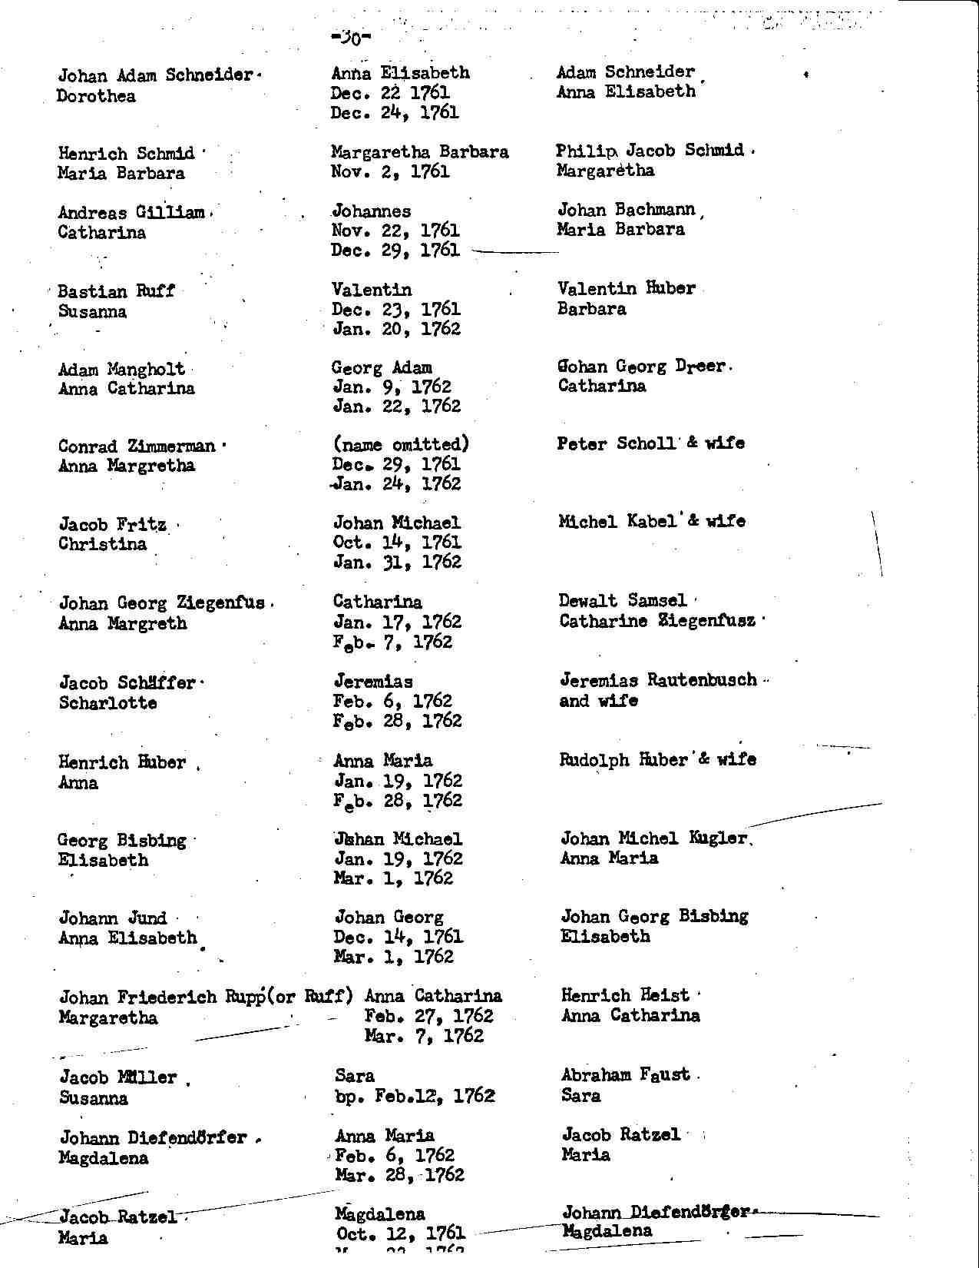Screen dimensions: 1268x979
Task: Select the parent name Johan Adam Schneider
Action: click(x=156, y=75)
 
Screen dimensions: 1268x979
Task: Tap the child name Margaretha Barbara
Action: click(x=419, y=152)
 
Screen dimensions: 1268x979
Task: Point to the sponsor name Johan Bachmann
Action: click(x=626, y=210)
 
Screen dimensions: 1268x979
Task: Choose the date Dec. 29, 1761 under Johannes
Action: click(x=395, y=251)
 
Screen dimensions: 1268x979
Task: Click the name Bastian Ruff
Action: click(x=116, y=291)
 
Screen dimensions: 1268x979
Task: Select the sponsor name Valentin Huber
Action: click(x=626, y=289)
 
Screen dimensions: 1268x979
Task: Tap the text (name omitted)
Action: click(x=400, y=444)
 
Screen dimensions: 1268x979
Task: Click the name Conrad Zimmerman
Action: click(x=137, y=446)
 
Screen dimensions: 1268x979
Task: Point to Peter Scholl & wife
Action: click(x=650, y=443)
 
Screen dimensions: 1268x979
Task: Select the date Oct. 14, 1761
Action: click(x=397, y=543)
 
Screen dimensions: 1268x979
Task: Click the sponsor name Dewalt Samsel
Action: click(x=623, y=600)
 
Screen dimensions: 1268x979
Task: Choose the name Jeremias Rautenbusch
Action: click(x=658, y=680)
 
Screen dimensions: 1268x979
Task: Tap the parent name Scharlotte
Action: click(x=107, y=703)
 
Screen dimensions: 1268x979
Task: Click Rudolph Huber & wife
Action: click(x=657, y=760)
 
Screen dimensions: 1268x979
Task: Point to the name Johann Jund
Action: click(x=112, y=918)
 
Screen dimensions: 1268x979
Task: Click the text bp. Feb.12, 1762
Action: click(x=415, y=1096)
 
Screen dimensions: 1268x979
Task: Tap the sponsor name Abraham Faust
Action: click(x=625, y=1075)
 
